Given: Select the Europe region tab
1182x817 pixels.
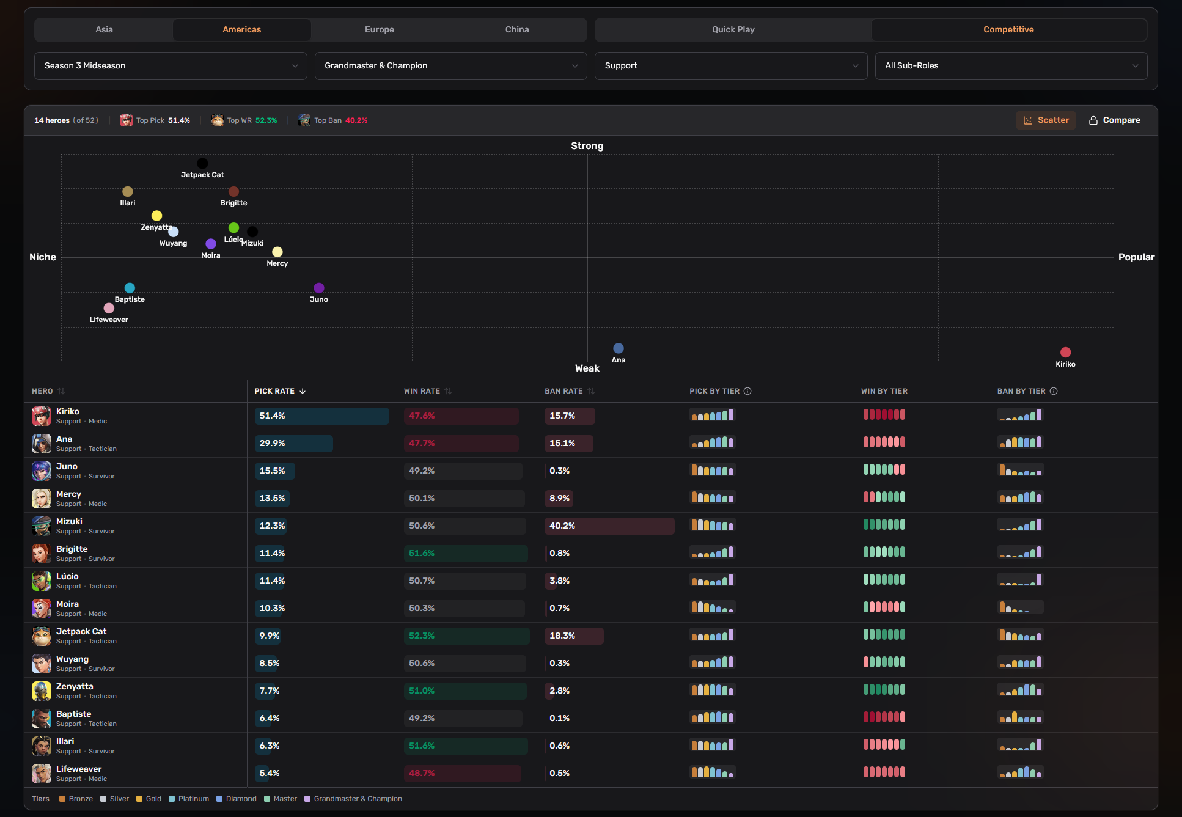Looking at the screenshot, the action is coord(379,29).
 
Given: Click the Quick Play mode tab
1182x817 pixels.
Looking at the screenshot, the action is coord(733,29).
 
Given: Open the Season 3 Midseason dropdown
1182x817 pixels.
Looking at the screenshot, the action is coord(171,65).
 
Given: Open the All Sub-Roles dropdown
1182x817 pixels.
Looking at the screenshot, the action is coord(1011,65).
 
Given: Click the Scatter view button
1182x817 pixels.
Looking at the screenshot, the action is coord(1046,120).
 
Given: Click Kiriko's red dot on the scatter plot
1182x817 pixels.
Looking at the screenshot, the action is coord(1065,352).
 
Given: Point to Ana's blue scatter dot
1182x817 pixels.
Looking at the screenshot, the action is coord(619,348).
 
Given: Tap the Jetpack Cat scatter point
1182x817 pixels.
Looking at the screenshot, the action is coord(202,163).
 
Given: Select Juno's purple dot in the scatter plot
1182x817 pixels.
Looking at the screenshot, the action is coord(319,288).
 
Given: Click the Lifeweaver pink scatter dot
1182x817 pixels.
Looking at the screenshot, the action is coord(109,308).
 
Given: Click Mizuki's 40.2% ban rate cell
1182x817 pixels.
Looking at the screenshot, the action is coord(609,526).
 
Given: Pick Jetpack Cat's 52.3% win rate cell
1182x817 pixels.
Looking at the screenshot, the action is coord(466,636).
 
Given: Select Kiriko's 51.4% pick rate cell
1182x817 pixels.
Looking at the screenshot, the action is coord(321,416).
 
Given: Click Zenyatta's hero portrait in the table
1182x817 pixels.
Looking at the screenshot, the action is coord(42,691).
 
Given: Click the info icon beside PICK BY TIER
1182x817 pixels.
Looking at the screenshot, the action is coord(747,391).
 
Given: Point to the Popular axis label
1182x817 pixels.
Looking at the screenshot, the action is coord(1136,257).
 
